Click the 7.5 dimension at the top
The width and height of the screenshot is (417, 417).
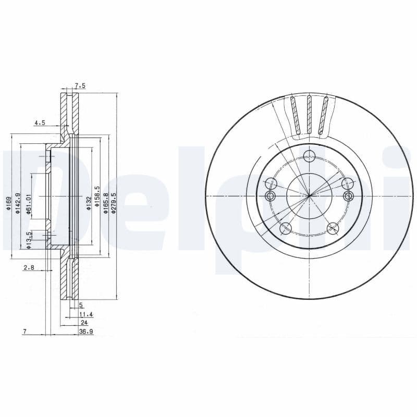click(x=80, y=85)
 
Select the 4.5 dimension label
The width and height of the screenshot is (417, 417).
click(x=40, y=123)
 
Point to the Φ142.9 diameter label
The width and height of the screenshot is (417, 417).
click(x=18, y=203)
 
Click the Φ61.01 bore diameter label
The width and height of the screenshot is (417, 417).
click(x=29, y=203)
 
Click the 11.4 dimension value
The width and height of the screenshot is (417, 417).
click(x=86, y=315)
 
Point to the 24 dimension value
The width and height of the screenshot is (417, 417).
click(x=84, y=323)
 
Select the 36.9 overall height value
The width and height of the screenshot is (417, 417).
click(x=86, y=332)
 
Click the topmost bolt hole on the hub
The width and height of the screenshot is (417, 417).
click(x=309, y=155)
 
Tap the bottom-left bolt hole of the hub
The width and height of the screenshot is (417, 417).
click(x=285, y=228)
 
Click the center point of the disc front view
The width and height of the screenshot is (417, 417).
click(x=310, y=196)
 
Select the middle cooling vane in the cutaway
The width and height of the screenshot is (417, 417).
click(x=309, y=114)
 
